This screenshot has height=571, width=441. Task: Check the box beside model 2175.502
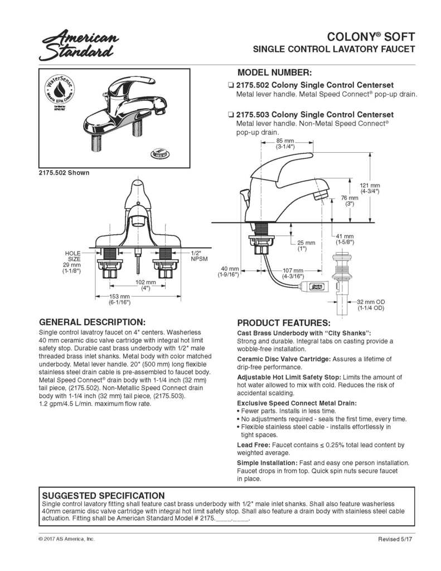coord(230,85)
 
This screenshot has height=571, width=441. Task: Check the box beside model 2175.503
coord(230,114)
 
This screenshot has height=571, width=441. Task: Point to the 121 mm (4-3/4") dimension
coord(370,188)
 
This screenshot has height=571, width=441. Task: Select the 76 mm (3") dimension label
coord(350,201)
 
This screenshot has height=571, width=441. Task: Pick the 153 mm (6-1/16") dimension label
coord(119,299)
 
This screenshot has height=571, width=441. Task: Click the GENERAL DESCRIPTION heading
coord(92,322)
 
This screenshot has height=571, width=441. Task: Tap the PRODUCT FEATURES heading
coord(284,323)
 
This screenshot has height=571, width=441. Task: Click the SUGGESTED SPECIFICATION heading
coord(103,495)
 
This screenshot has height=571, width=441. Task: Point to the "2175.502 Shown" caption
coord(64,173)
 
